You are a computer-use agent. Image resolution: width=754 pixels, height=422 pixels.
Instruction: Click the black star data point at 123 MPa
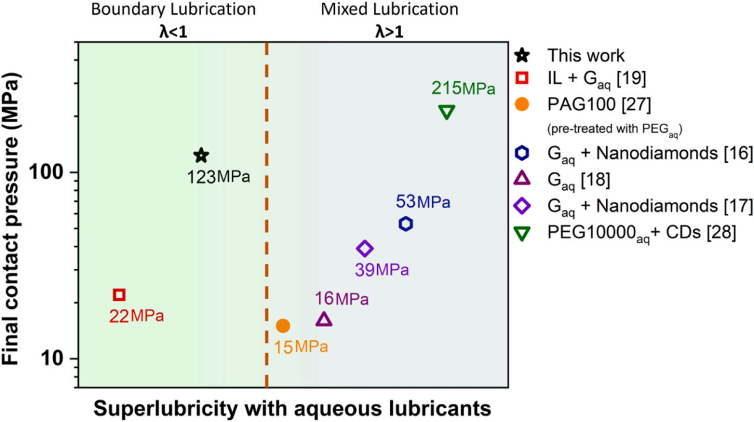click(201, 155)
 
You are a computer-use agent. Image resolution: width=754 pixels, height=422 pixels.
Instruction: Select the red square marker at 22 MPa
click(119, 295)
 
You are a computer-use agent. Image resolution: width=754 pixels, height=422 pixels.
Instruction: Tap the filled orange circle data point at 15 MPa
click(283, 326)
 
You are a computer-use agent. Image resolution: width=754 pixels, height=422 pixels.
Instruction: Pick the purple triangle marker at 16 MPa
click(324, 319)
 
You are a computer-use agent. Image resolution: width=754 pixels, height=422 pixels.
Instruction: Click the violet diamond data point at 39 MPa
click(364, 248)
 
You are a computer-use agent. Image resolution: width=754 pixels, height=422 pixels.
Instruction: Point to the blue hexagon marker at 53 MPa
click(406, 224)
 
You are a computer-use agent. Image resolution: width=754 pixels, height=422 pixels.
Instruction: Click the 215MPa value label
click(464, 89)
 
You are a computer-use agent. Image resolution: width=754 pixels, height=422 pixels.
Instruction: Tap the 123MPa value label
click(218, 177)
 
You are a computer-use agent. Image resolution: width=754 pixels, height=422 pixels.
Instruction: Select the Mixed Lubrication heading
click(390, 10)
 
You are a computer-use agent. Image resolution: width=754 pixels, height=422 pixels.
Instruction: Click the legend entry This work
click(585, 55)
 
